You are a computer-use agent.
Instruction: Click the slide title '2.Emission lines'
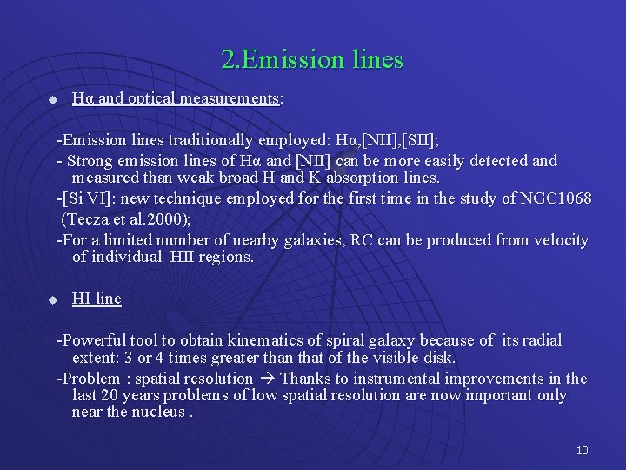coord(312,59)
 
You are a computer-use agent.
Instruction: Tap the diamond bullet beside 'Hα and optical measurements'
coord(52,100)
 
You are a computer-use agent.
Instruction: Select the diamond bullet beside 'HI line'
coord(52,299)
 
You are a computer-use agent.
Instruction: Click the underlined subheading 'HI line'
coord(97,299)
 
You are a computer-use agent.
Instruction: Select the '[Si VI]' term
coord(85,200)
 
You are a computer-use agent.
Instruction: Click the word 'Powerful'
coord(94,340)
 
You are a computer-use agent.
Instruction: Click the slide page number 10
coord(582,450)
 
